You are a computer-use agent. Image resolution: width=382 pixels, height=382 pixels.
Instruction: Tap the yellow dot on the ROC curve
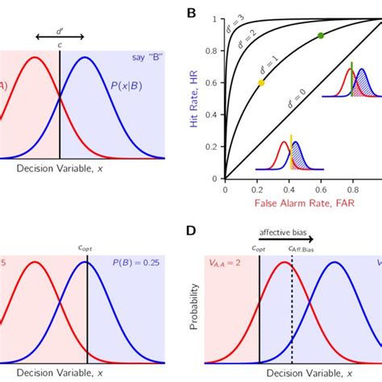[260, 83]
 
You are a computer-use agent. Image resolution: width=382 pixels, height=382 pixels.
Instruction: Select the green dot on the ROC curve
[321, 35]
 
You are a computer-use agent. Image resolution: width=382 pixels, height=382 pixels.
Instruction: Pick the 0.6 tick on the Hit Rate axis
[216, 82]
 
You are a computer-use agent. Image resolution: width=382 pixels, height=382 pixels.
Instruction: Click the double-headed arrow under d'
[60, 35]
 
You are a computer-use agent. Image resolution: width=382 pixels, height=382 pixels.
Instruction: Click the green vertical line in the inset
[351, 81]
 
